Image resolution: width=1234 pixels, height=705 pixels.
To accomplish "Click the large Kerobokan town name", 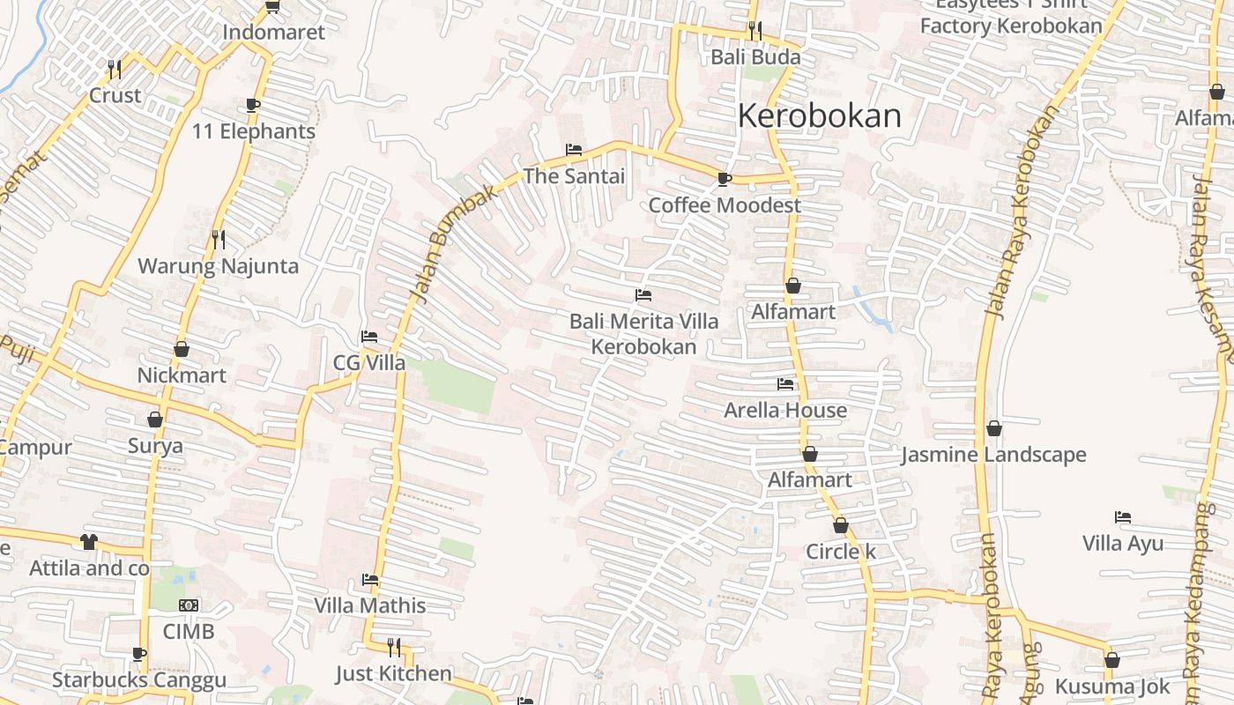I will pos(819,116).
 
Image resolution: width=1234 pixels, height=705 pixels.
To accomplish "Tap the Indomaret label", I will pos(273,33).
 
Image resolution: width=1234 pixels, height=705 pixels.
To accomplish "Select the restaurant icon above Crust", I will pos(114,69).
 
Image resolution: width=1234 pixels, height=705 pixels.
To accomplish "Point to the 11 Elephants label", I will pos(254,131).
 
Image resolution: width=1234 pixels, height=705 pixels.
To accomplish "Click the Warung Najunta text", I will pos(218,266).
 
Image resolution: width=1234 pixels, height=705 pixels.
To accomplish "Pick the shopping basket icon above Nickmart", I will pos(182,349).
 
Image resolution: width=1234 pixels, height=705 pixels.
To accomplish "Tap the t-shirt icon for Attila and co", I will pos(89,542).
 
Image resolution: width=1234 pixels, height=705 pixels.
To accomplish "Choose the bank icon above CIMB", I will pos(189,605).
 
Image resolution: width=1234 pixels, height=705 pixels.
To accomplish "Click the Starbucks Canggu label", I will pos(139,680).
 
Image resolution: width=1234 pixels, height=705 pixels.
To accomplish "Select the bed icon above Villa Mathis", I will pos(370,580).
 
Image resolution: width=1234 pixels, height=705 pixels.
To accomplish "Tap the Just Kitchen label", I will pos(393,674).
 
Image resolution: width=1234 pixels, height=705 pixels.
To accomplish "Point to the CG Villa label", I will pos(369,363).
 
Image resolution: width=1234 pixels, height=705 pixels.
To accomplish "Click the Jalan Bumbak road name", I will pos(453,244).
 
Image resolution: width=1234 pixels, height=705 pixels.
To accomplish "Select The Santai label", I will pos(574,176).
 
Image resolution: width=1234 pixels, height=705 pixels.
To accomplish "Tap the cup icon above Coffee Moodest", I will pos(724,179).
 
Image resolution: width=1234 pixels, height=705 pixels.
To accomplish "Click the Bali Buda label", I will pos(756,57).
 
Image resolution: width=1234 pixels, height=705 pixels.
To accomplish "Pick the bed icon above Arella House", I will pos(785,383).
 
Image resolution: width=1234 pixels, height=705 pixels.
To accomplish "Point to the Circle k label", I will pos(841,552).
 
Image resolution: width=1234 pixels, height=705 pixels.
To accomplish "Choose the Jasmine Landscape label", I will pos(993,456).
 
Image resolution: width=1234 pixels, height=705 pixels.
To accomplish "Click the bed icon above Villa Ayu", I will pos(1122,517).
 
